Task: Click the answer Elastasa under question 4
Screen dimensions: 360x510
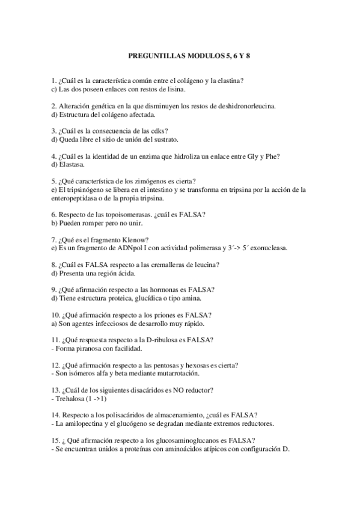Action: [72, 164]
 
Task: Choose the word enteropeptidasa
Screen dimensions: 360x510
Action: [78, 197]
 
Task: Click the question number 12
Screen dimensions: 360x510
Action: [55, 364]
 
